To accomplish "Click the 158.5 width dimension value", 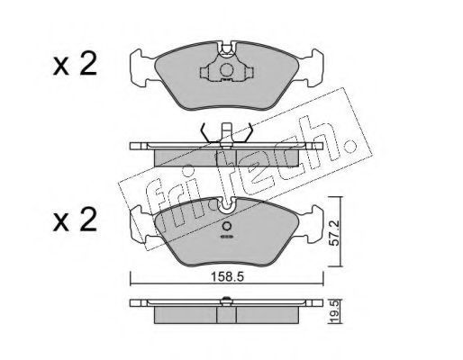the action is pos(227,277).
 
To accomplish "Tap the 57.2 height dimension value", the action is pos(334,233).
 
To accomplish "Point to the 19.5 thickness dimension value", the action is pos(335,311).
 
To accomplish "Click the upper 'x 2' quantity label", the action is pos(75,64).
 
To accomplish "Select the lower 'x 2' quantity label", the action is pos(75,220).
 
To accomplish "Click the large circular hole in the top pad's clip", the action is pos(227,70).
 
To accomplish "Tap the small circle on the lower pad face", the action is pos(227,226).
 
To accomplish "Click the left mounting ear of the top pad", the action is pos(141,67).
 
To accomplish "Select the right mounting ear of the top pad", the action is pos(313,67).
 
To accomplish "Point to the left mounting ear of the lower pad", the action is pos(141,223).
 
